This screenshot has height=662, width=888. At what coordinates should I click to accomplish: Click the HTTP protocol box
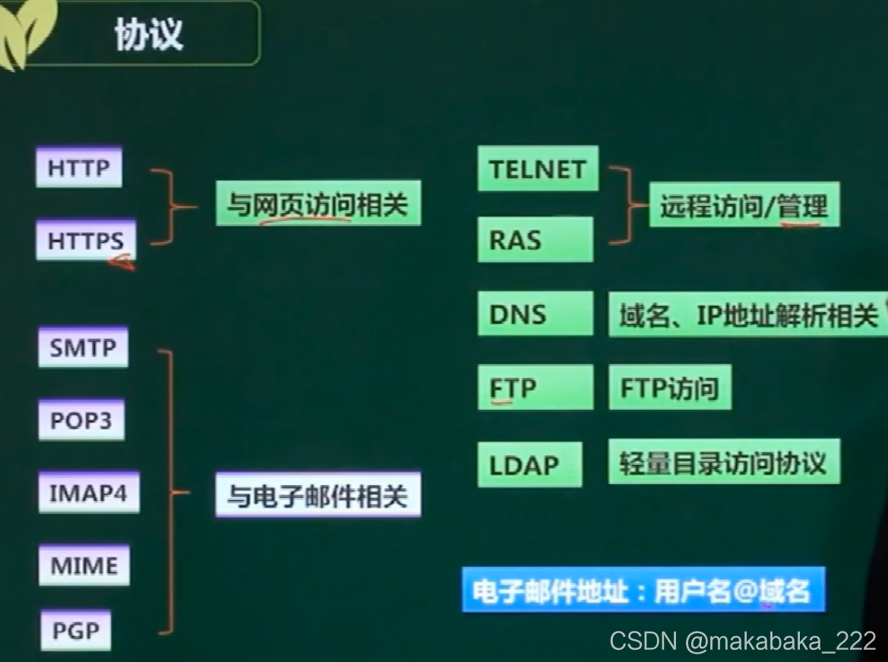pos(78,169)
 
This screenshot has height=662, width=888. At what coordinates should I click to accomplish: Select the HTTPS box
pos(85,240)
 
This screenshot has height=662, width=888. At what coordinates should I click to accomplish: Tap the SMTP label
pos(83,348)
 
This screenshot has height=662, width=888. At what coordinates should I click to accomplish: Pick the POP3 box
pos(81,420)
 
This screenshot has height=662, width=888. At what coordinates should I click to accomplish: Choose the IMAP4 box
pos(89,493)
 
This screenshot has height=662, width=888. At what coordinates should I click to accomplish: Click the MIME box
pos(84,566)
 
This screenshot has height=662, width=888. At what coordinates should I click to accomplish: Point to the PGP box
pos(75,631)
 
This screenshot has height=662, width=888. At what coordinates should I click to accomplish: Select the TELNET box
pos(538,169)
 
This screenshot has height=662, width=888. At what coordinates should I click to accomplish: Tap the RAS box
pos(535,240)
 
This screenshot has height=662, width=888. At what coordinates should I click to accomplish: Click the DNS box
pos(535,314)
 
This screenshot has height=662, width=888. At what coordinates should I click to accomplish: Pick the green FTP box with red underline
pos(535,388)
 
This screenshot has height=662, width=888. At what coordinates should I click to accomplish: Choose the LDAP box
pos(529,464)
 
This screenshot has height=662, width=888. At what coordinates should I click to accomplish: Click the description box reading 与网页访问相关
pos(318,204)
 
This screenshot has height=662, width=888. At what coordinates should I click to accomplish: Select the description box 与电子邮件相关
pos(318,496)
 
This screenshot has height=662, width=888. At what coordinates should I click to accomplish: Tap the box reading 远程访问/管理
pos(744,205)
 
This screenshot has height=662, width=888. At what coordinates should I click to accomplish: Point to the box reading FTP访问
pos(669,388)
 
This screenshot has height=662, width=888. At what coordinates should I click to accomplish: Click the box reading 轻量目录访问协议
pos(723,462)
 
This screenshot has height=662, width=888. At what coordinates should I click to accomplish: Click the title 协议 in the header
pos(149,34)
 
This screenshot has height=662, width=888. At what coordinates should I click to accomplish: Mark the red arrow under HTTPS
pos(122,263)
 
